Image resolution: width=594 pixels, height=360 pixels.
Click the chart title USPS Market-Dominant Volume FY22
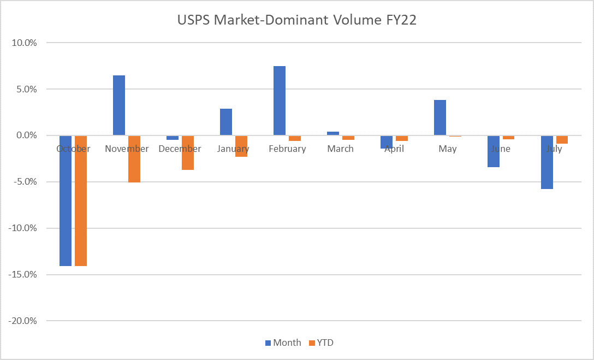297,20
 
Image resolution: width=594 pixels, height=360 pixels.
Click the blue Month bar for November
119,105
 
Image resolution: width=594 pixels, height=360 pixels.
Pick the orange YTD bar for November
134,159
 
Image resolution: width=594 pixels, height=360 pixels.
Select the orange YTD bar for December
188,152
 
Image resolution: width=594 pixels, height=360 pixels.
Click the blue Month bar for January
226,122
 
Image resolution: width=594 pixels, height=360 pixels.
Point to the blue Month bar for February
280,101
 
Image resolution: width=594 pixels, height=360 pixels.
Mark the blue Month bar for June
494,151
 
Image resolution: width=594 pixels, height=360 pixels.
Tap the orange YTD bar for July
562,140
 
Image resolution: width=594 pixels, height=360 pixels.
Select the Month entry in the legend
283,343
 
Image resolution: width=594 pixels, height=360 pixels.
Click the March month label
341,149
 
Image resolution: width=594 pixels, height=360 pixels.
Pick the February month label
287,149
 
